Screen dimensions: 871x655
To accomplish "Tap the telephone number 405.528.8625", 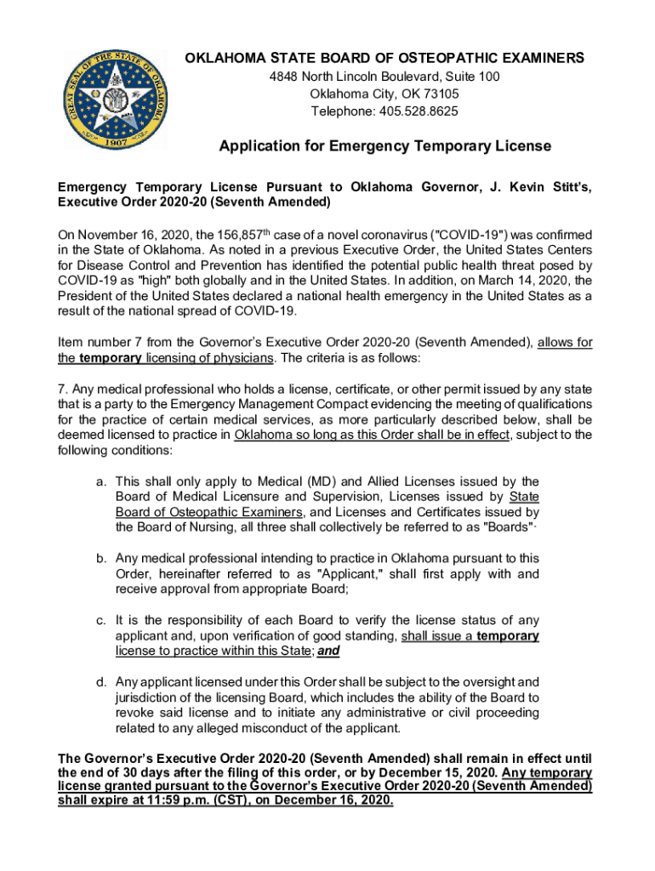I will (x=420, y=111).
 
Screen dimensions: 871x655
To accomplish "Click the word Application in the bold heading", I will (x=259, y=146).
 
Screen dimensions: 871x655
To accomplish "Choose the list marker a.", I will (x=100, y=482).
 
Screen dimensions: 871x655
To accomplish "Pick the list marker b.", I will (x=100, y=559).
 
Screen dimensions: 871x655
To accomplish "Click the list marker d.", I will (x=100, y=682).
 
